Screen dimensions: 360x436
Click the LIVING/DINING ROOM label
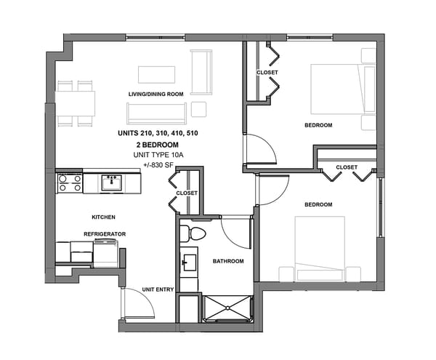click(x=156, y=94)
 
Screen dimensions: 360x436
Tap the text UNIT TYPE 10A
click(x=158, y=156)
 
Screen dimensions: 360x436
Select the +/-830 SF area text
click(x=158, y=166)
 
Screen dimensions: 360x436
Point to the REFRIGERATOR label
click(x=105, y=233)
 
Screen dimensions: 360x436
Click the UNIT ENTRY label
click(x=158, y=289)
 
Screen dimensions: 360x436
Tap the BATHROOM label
click(x=227, y=261)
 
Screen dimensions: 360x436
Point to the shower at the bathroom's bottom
click(x=227, y=308)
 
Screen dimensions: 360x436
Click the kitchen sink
click(x=111, y=182)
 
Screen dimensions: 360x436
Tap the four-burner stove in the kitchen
click(x=70, y=183)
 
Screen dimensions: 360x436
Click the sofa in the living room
click(x=156, y=113)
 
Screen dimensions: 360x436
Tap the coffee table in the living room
click(x=157, y=75)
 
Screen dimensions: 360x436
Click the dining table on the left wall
click(x=76, y=103)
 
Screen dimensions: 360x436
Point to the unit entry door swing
click(x=137, y=303)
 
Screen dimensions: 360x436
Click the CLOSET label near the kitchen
click(x=187, y=193)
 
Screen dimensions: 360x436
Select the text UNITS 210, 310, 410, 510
click(x=158, y=134)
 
